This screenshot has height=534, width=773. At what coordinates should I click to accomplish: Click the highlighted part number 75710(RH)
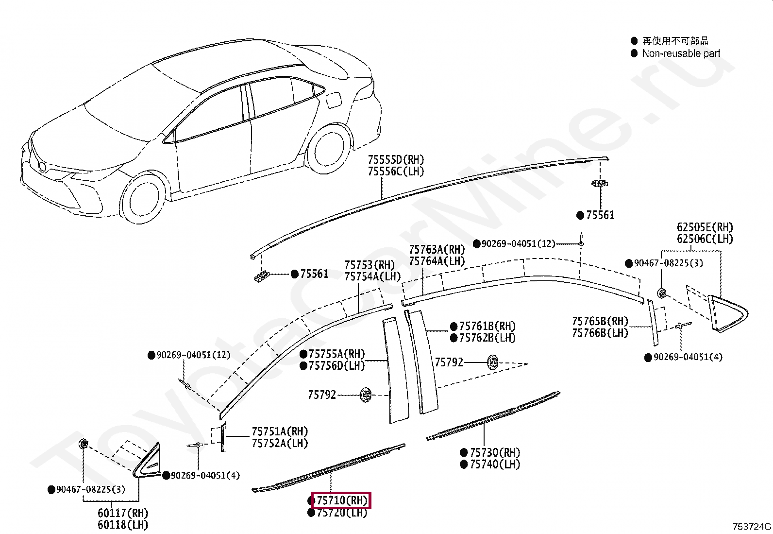(342, 500)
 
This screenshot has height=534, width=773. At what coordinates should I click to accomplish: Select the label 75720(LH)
(342, 513)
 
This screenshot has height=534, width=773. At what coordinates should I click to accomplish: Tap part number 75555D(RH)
(396, 159)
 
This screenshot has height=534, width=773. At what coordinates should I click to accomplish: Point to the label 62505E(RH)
(705, 227)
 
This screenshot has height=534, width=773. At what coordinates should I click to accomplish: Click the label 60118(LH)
(123, 525)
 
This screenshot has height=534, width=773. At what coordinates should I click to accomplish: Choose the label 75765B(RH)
(600, 321)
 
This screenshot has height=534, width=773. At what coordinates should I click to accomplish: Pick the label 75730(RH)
(495, 452)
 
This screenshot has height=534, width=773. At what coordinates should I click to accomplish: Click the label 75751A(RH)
(280, 431)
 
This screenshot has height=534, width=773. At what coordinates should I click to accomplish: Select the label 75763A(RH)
(437, 249)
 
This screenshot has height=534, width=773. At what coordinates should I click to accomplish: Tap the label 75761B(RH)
(487, 326)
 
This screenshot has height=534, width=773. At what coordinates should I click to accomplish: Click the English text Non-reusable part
(681, 53)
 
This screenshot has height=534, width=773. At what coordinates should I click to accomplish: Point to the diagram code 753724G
(752, 526)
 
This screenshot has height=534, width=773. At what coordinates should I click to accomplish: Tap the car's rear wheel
(330, 148)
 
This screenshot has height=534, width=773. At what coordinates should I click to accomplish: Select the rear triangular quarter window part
(727, 313)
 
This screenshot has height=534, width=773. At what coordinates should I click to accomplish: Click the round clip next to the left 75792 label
(366, 394)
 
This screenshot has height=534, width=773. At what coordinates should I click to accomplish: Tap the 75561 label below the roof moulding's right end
(600, 215)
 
